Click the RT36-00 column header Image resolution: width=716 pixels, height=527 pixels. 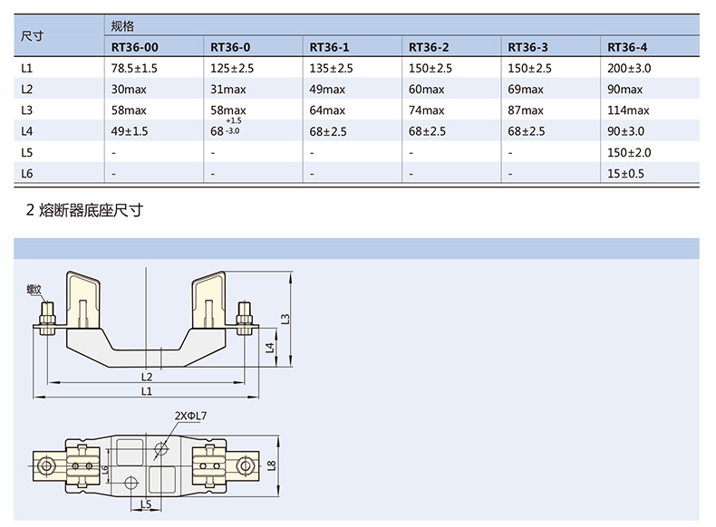coord(135,47)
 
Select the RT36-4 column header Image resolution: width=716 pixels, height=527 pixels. coord(627,47)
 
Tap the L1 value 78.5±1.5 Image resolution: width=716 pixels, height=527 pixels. coord(134,69)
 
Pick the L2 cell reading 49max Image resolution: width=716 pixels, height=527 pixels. coord(327,90)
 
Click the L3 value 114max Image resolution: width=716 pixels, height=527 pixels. coord(628,110)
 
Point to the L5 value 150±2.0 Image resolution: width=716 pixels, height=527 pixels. coord(629,152)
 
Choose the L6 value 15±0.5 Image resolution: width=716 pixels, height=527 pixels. coord(625,173)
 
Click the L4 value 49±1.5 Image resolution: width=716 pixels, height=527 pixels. coord(130,131)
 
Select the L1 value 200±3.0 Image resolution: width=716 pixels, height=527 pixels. coord(629,69)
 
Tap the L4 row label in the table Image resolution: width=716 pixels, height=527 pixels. coord(27,131)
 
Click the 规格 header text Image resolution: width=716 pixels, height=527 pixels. coord(122,26)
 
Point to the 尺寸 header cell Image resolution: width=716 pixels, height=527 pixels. coord(32,35)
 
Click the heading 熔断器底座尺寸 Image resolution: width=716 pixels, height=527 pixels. coord(91,210)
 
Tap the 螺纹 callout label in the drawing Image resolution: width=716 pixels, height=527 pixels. coord(34,289)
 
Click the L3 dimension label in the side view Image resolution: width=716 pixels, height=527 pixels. coord(285,319)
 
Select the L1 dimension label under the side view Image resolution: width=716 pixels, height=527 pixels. coord(147,391)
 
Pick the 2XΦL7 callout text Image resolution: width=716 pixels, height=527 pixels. coord(190,416)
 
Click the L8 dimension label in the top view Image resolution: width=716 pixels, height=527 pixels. coord(272,465)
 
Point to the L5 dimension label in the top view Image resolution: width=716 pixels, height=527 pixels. coord(146,504)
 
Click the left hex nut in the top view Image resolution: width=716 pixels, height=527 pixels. coord(45,465)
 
